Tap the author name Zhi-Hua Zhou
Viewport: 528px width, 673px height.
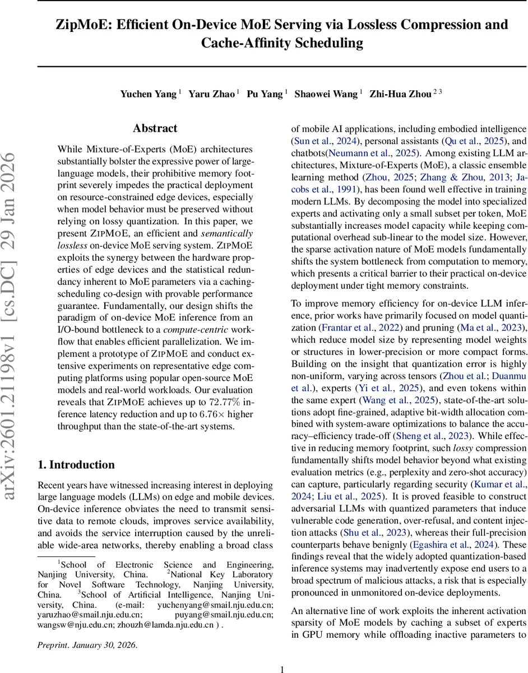click(400, 94)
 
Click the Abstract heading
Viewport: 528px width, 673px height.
click(155, 128)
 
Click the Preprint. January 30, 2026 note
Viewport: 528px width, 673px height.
click(87, 645)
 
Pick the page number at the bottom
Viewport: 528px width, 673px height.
click(282, 669)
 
